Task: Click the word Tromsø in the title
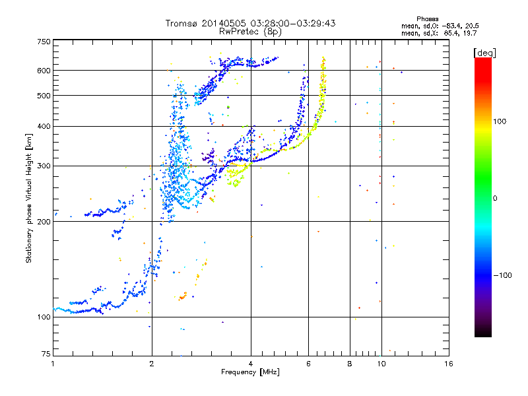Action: click(x=181, y=23)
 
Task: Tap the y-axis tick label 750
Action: click(x=44, y=42)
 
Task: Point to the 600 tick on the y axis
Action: click(x=44, y=71)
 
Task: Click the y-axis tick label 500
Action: click(x=44, y=96)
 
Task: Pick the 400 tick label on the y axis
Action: click(x=44, y=126)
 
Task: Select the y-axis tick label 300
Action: click(x=44, y=166)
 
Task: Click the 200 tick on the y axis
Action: click(x=44, y=222)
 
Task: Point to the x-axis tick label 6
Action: click(x=308, y=364)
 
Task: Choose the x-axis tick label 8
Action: click(x=350, y=364)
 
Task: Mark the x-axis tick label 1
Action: click(x=53, y=364)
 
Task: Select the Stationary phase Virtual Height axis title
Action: click(x=29, y=198)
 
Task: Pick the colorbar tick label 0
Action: click(x=496, y=198)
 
